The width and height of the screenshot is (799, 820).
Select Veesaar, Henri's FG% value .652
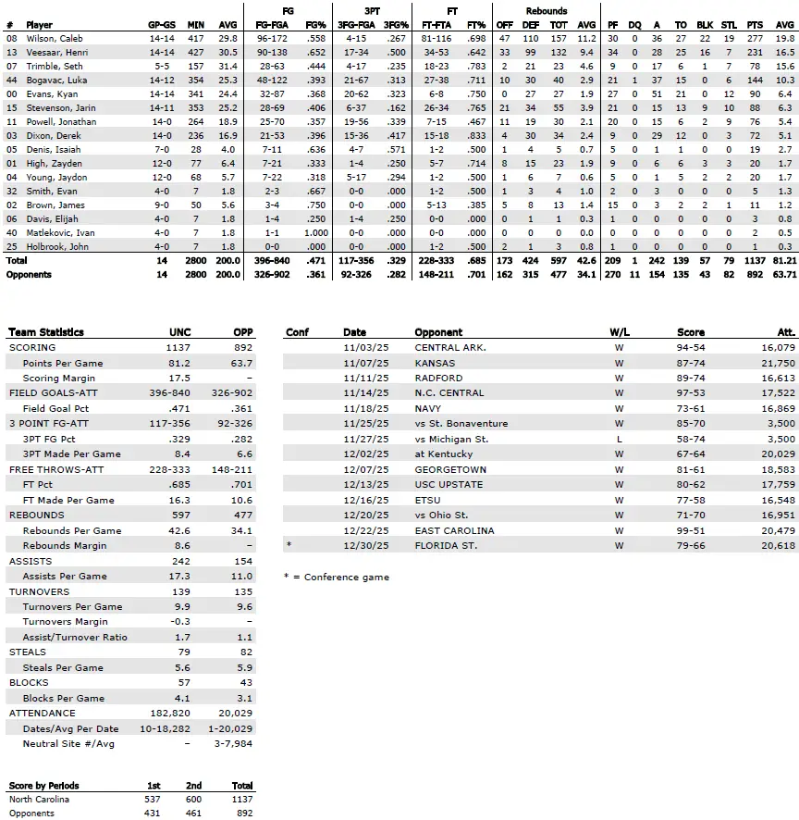point(316,53)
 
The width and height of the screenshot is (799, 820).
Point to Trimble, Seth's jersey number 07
point(11,67)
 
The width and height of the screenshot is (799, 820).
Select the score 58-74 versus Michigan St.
point(691,439)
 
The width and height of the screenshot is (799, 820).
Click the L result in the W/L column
point(618,439)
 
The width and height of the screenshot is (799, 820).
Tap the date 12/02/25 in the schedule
point(360,454)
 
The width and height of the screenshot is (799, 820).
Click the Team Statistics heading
point(45,332)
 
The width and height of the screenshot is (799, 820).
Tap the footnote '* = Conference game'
point(337,577)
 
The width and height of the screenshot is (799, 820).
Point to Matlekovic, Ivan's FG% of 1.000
point(315,233)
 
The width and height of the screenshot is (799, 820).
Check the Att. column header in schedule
point(784,332)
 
